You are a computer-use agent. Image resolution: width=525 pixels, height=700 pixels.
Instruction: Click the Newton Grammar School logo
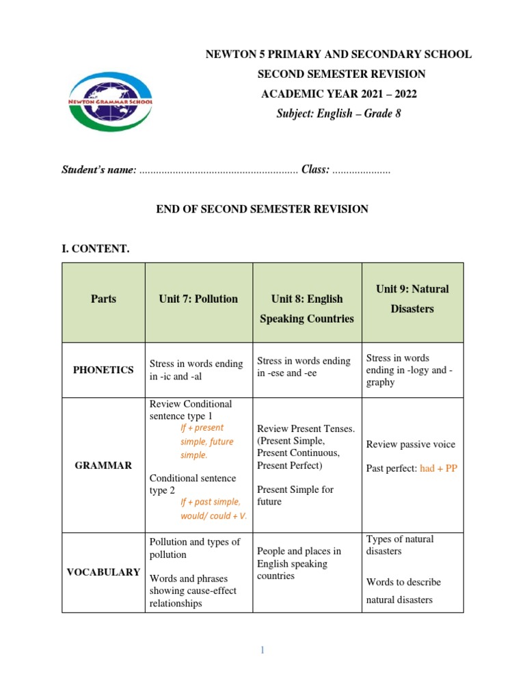click(110, 103)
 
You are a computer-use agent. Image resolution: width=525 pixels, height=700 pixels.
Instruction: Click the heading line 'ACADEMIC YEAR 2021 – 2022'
click(338, 94)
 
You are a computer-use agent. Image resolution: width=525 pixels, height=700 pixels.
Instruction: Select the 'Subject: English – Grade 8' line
click(338, 113)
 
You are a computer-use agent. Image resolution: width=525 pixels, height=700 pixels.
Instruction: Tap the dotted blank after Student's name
click(218, 170)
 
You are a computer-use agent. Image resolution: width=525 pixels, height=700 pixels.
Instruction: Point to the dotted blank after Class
click(361, 170)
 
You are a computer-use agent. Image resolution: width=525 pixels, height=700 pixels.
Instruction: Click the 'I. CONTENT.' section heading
click(95, 249)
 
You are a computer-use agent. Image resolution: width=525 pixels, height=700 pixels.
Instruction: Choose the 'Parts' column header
click(103, 299)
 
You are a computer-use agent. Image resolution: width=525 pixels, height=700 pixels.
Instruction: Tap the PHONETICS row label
click(103, 370)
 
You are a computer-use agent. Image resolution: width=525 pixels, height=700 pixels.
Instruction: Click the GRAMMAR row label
click(103, 465)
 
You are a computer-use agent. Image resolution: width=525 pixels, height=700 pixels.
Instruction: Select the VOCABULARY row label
click(103, 572)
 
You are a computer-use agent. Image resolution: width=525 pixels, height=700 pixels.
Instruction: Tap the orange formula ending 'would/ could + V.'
click(213, 509)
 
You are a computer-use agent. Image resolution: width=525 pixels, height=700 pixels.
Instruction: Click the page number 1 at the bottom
click(262, 650)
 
